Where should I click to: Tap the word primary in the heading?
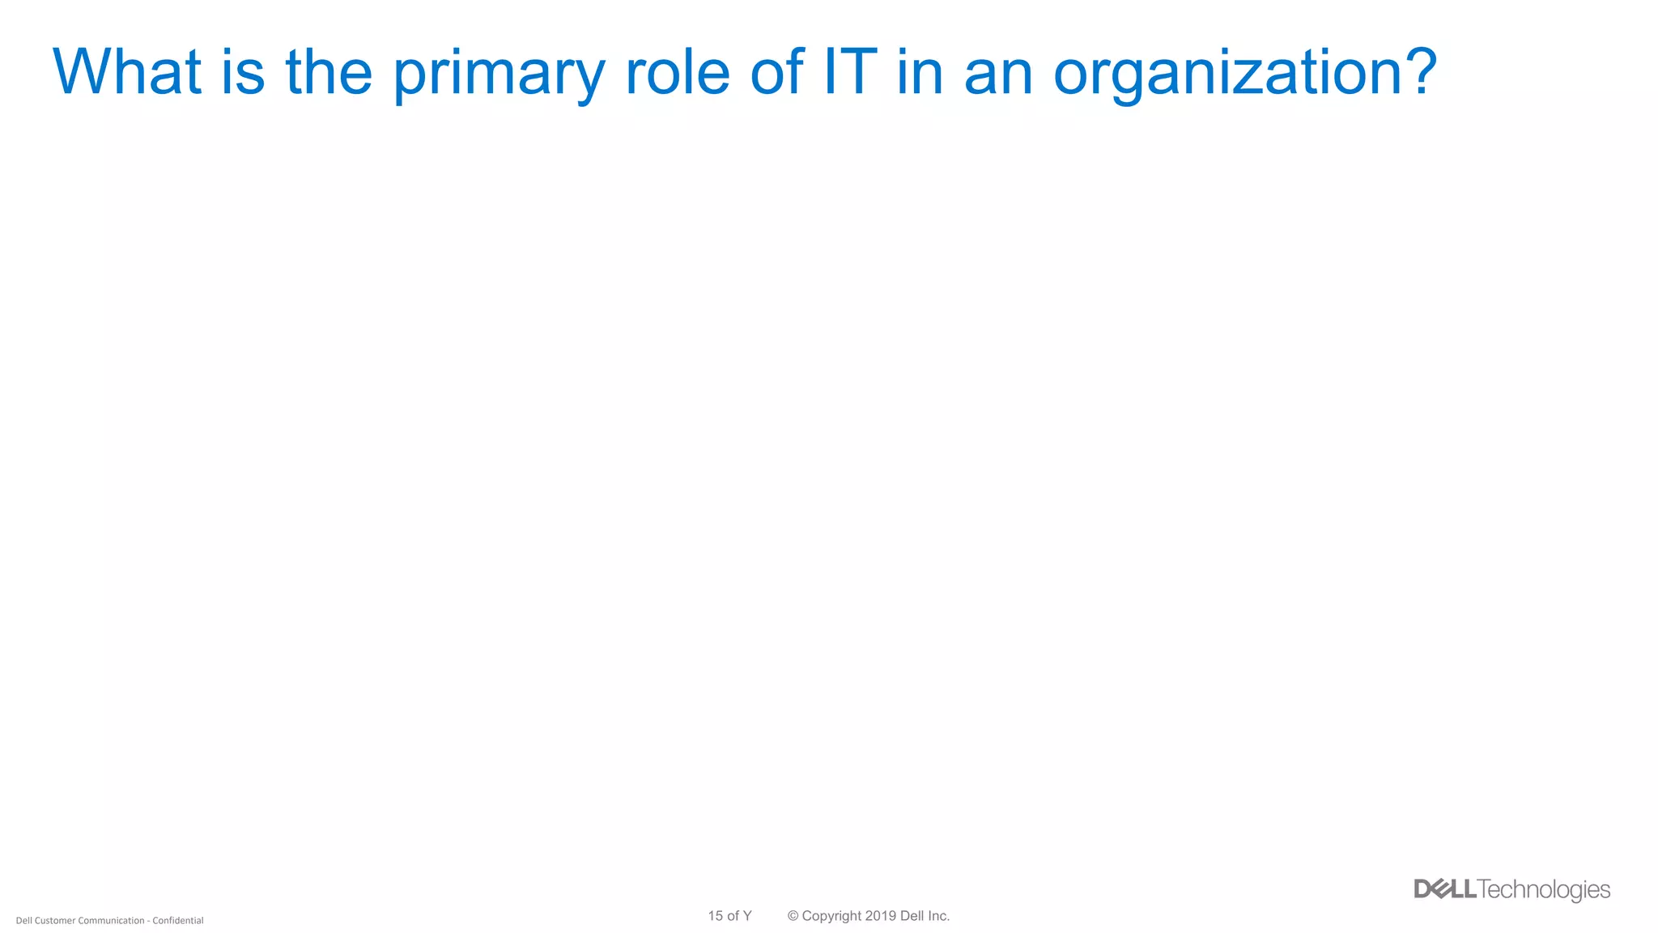tap(499, 75)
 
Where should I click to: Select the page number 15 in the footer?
tap(715, 916)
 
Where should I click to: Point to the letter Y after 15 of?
tap(746, 916)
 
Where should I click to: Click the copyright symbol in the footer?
tap(793, 916)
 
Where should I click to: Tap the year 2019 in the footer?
tap(880, 916)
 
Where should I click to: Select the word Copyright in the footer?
tap(831, 916)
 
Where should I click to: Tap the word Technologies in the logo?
tap(1544, 890)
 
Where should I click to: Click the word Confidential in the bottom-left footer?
tap(178, 921)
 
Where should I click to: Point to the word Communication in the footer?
tap(111, 921)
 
